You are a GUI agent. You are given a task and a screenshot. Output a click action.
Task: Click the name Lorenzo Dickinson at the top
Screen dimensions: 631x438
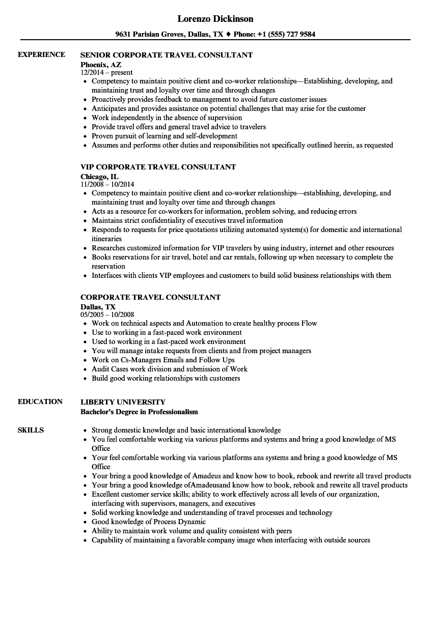pyautogui.click(x=215, y=19)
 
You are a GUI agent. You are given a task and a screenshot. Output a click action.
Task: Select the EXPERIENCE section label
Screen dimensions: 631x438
pyautogui.click(x=41, y=54)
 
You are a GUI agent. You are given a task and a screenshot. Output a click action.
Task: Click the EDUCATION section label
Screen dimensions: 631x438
pyautogui.click(x=40, y=401)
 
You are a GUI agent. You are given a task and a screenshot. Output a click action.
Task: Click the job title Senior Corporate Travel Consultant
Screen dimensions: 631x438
pyautogui.click(x=167, y=54)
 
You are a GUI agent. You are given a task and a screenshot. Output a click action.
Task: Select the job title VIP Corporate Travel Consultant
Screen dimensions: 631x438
pyautogui.click(x=158, y=166)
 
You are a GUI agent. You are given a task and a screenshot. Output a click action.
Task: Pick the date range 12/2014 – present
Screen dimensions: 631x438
pyautogui.click(x=106, y=72)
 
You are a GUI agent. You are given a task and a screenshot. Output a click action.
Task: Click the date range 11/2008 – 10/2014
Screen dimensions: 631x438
pyautogui.click(x=107, y=184)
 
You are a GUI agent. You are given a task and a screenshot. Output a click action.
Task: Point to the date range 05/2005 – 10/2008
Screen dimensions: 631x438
pyautogui.click(x=107, y=314)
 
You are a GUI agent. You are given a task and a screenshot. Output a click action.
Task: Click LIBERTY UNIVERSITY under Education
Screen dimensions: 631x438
pyautogui.click(x=123, y=401)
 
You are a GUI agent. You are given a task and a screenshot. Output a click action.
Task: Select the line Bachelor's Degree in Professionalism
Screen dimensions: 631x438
pyautogui.click(x=139, y=411)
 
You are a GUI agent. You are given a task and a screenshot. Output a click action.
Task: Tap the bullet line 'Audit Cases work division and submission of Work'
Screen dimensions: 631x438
pyautogui.click(x=169, y=369)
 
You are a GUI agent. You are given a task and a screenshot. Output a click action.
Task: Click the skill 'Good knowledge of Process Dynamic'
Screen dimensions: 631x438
pyautogui.click(x=149, y=522)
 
